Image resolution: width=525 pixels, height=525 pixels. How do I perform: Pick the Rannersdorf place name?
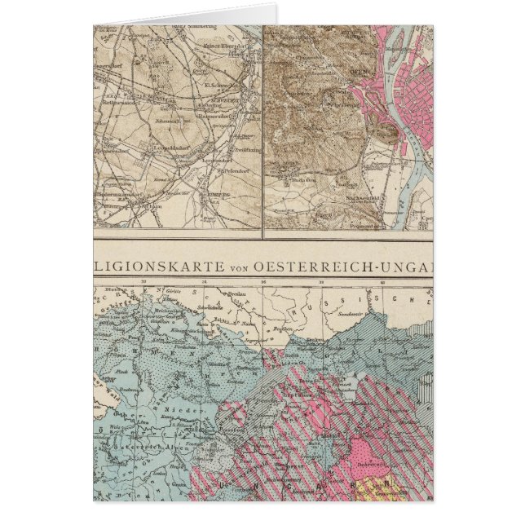tap(214, 116)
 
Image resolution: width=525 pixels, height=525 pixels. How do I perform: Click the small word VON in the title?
tap(232, 265)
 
